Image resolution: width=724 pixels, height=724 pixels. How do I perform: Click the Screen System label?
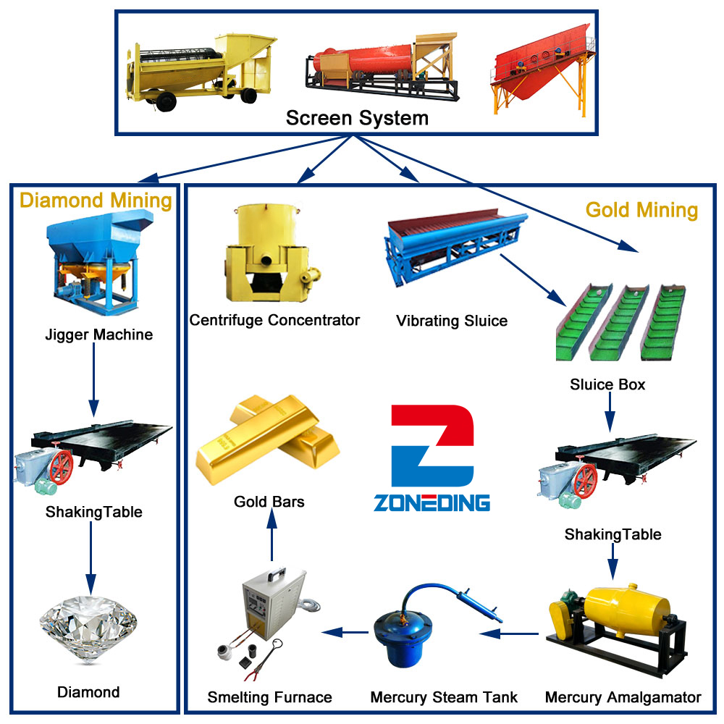tap(357, 118)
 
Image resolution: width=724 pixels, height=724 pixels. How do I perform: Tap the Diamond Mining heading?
tap(96, 201)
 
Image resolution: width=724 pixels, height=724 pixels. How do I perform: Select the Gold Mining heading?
tap(641, 210)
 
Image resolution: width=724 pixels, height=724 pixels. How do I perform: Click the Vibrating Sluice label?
tap(452, 321)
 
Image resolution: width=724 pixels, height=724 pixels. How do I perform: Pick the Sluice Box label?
tap(607, 384)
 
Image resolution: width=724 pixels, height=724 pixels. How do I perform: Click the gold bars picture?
tap(268, 439)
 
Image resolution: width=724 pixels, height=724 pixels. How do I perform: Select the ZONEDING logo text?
tap(432, 503)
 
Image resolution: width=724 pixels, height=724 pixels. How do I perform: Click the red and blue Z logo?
tap(432, 445)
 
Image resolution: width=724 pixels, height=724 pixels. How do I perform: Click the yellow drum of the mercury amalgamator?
tap(627, 607)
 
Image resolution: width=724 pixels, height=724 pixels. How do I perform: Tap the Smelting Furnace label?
tap(269, 697)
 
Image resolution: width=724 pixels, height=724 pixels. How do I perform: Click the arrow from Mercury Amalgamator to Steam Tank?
tap(509, 633)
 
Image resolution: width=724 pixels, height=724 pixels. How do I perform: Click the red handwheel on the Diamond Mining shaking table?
tap(62, 467)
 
